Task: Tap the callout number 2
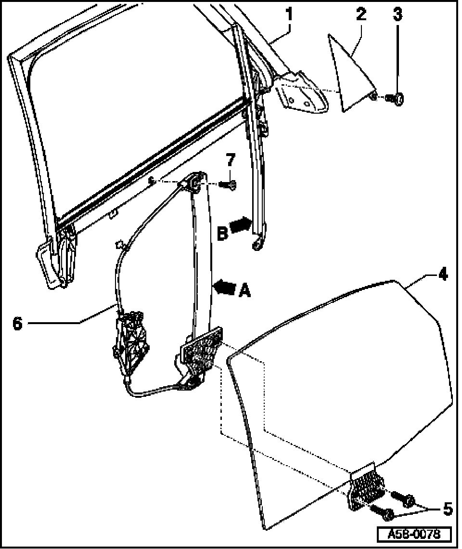[360, 15]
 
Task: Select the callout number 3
[397, 15]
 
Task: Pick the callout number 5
[448, 509]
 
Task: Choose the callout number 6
[18, 323]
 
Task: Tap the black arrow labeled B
[241, 225]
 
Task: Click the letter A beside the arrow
[244, 290]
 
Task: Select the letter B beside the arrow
[222, 234]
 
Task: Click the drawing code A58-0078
[414, 535]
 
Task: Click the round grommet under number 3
[398, 100]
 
